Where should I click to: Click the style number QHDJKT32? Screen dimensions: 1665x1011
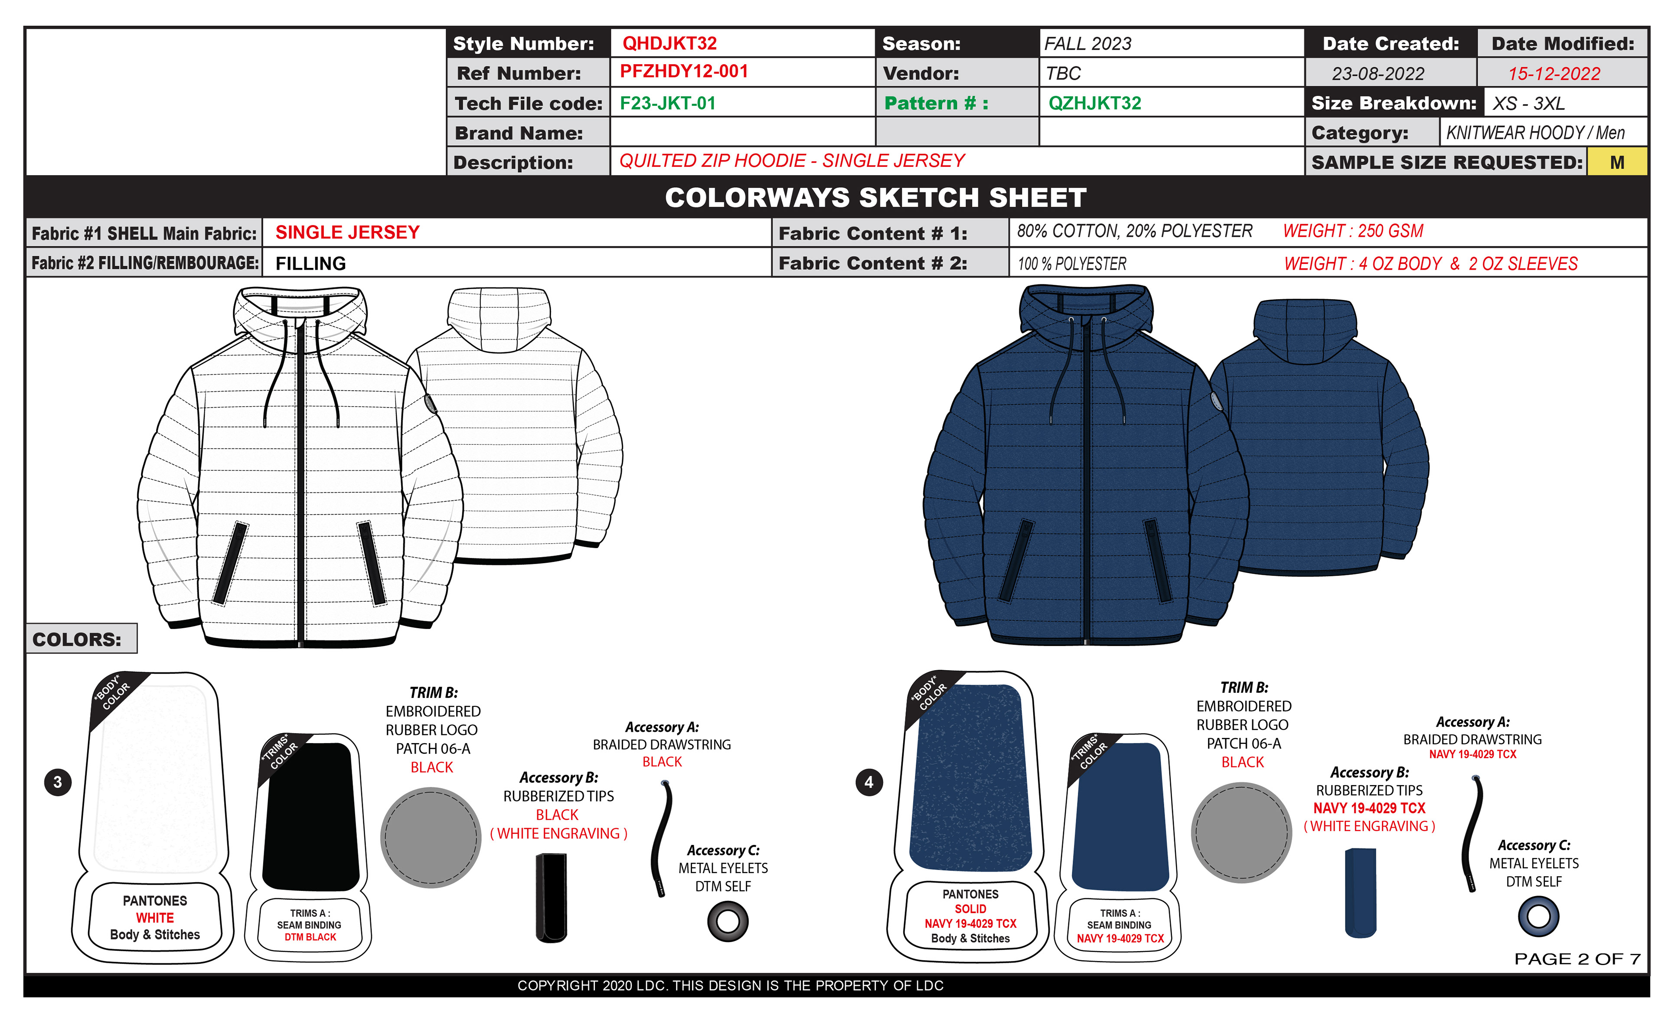pyautogui.click(x=669, y=43)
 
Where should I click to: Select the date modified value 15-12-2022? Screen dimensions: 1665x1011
pyautogui.click(x=1554, y=74)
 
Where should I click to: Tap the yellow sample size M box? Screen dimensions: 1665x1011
pyautogui.click(x=1616, y=162)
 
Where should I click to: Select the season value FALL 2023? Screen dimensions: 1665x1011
pyautogui.click(x=1087, y=44)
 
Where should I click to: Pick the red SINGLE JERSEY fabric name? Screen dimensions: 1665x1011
pyautogui.click(x=347, y=232)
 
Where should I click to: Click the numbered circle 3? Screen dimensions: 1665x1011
pyautogui.click(x=57, y=782)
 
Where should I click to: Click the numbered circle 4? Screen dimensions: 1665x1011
pyautogui.click(x=868, y=782)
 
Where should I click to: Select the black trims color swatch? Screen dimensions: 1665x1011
pyautogui.click(x=310, y=816)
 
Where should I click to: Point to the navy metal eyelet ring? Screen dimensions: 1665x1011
pyautogui.click(x=1538, y=916)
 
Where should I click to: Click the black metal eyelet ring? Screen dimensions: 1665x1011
pyautogui.click(x=728, y=921)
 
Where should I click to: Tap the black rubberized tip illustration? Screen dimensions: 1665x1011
pyautogui.click(x=552, y=897)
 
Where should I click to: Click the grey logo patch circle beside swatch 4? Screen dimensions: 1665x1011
pyautogui.click(x=1241, y=832)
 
